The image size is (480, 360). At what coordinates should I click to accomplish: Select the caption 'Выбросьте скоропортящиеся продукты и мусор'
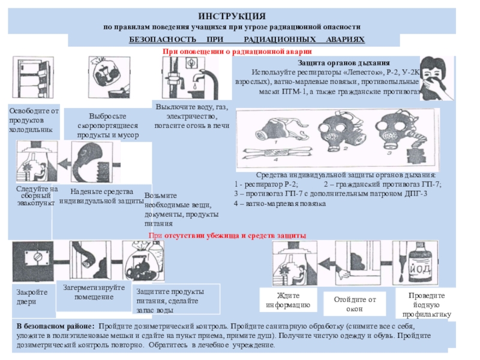click(107, 125)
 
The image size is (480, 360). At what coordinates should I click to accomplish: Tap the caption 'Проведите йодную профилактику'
click(427, 305)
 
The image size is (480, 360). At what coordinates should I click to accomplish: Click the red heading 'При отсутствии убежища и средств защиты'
click(227, 236)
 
